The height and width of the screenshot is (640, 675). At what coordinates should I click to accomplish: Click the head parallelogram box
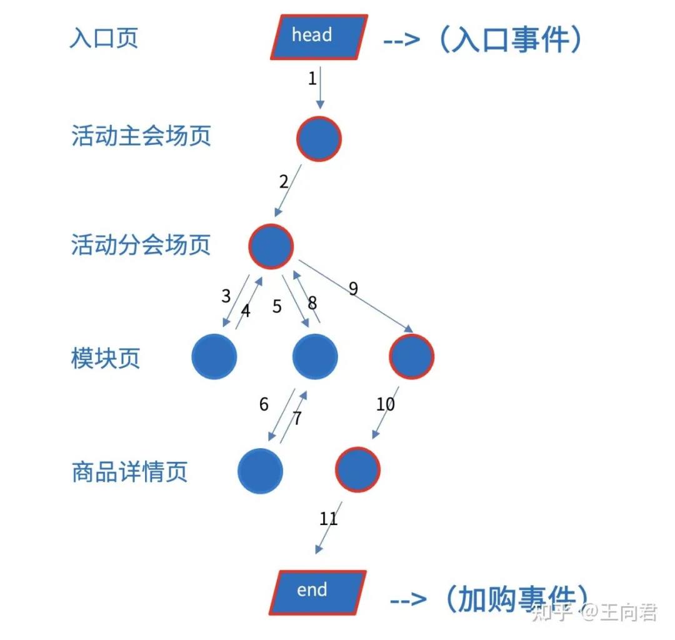click(319, 37)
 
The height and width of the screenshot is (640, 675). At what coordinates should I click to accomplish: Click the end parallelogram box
click(317, 592)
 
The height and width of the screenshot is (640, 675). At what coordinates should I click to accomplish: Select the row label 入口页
click(104, 38)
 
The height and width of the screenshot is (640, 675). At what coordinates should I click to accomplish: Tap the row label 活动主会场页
click(141, 136)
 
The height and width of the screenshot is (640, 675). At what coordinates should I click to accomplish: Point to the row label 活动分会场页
click(141, 244)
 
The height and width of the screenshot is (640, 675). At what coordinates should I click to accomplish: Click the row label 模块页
click(106, 357)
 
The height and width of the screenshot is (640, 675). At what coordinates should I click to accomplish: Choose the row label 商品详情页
click(129, 471)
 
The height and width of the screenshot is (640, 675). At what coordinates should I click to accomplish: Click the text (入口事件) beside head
click(510, 39)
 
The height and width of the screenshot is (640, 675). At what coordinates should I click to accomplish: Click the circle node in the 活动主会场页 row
click(319, 139)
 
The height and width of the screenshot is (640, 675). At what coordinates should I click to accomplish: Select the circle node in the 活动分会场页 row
click(271, 247)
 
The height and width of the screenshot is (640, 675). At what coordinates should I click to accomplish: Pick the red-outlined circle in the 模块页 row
click(411, 356)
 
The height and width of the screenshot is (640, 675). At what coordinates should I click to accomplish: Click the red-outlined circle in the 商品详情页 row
click(357, 469)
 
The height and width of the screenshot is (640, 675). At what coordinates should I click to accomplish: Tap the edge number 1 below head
click(312, 78)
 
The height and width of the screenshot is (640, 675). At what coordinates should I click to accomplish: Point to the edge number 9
click(353, 288)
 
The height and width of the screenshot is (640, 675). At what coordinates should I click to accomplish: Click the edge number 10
click(385, 404)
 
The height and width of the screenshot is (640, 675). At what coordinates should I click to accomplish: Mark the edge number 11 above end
click(329, 519)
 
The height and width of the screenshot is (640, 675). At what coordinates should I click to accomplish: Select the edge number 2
click(284, 182)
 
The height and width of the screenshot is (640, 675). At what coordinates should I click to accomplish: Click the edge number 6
click(264, 404)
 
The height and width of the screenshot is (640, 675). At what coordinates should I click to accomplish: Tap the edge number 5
click(277, 306)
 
